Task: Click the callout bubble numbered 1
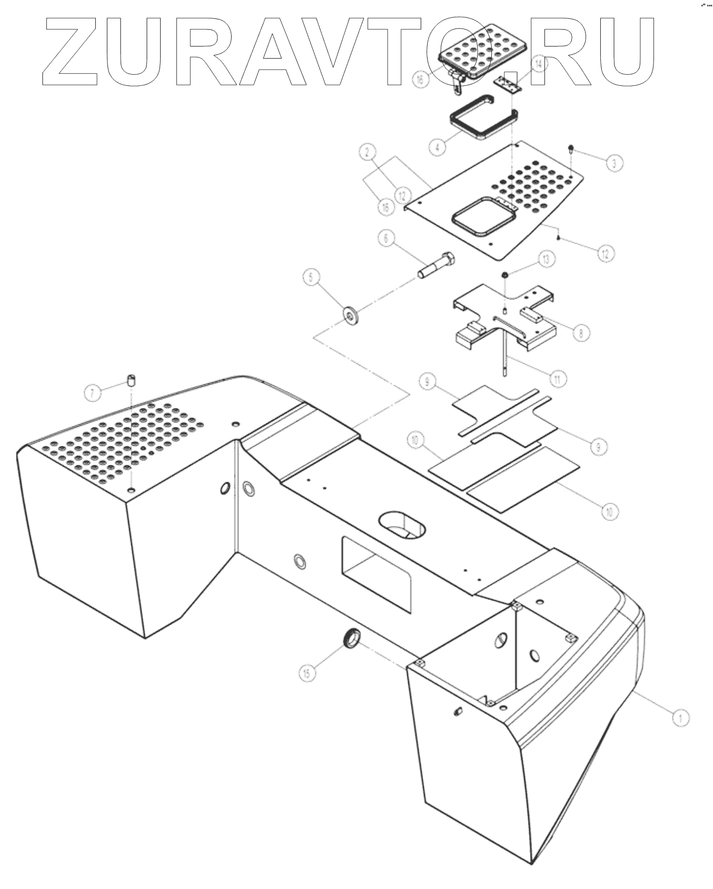[681, 716]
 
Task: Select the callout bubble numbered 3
[613, 163]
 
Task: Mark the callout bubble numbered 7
[93, 392]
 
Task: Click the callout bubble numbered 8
[581, 332]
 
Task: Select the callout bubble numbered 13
[546, 259]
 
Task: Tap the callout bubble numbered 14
[538, 65]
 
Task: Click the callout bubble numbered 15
[307, 672]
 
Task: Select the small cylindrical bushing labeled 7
[131, 379]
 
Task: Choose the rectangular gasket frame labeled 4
[482, 118]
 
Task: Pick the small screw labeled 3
[571, 149]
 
